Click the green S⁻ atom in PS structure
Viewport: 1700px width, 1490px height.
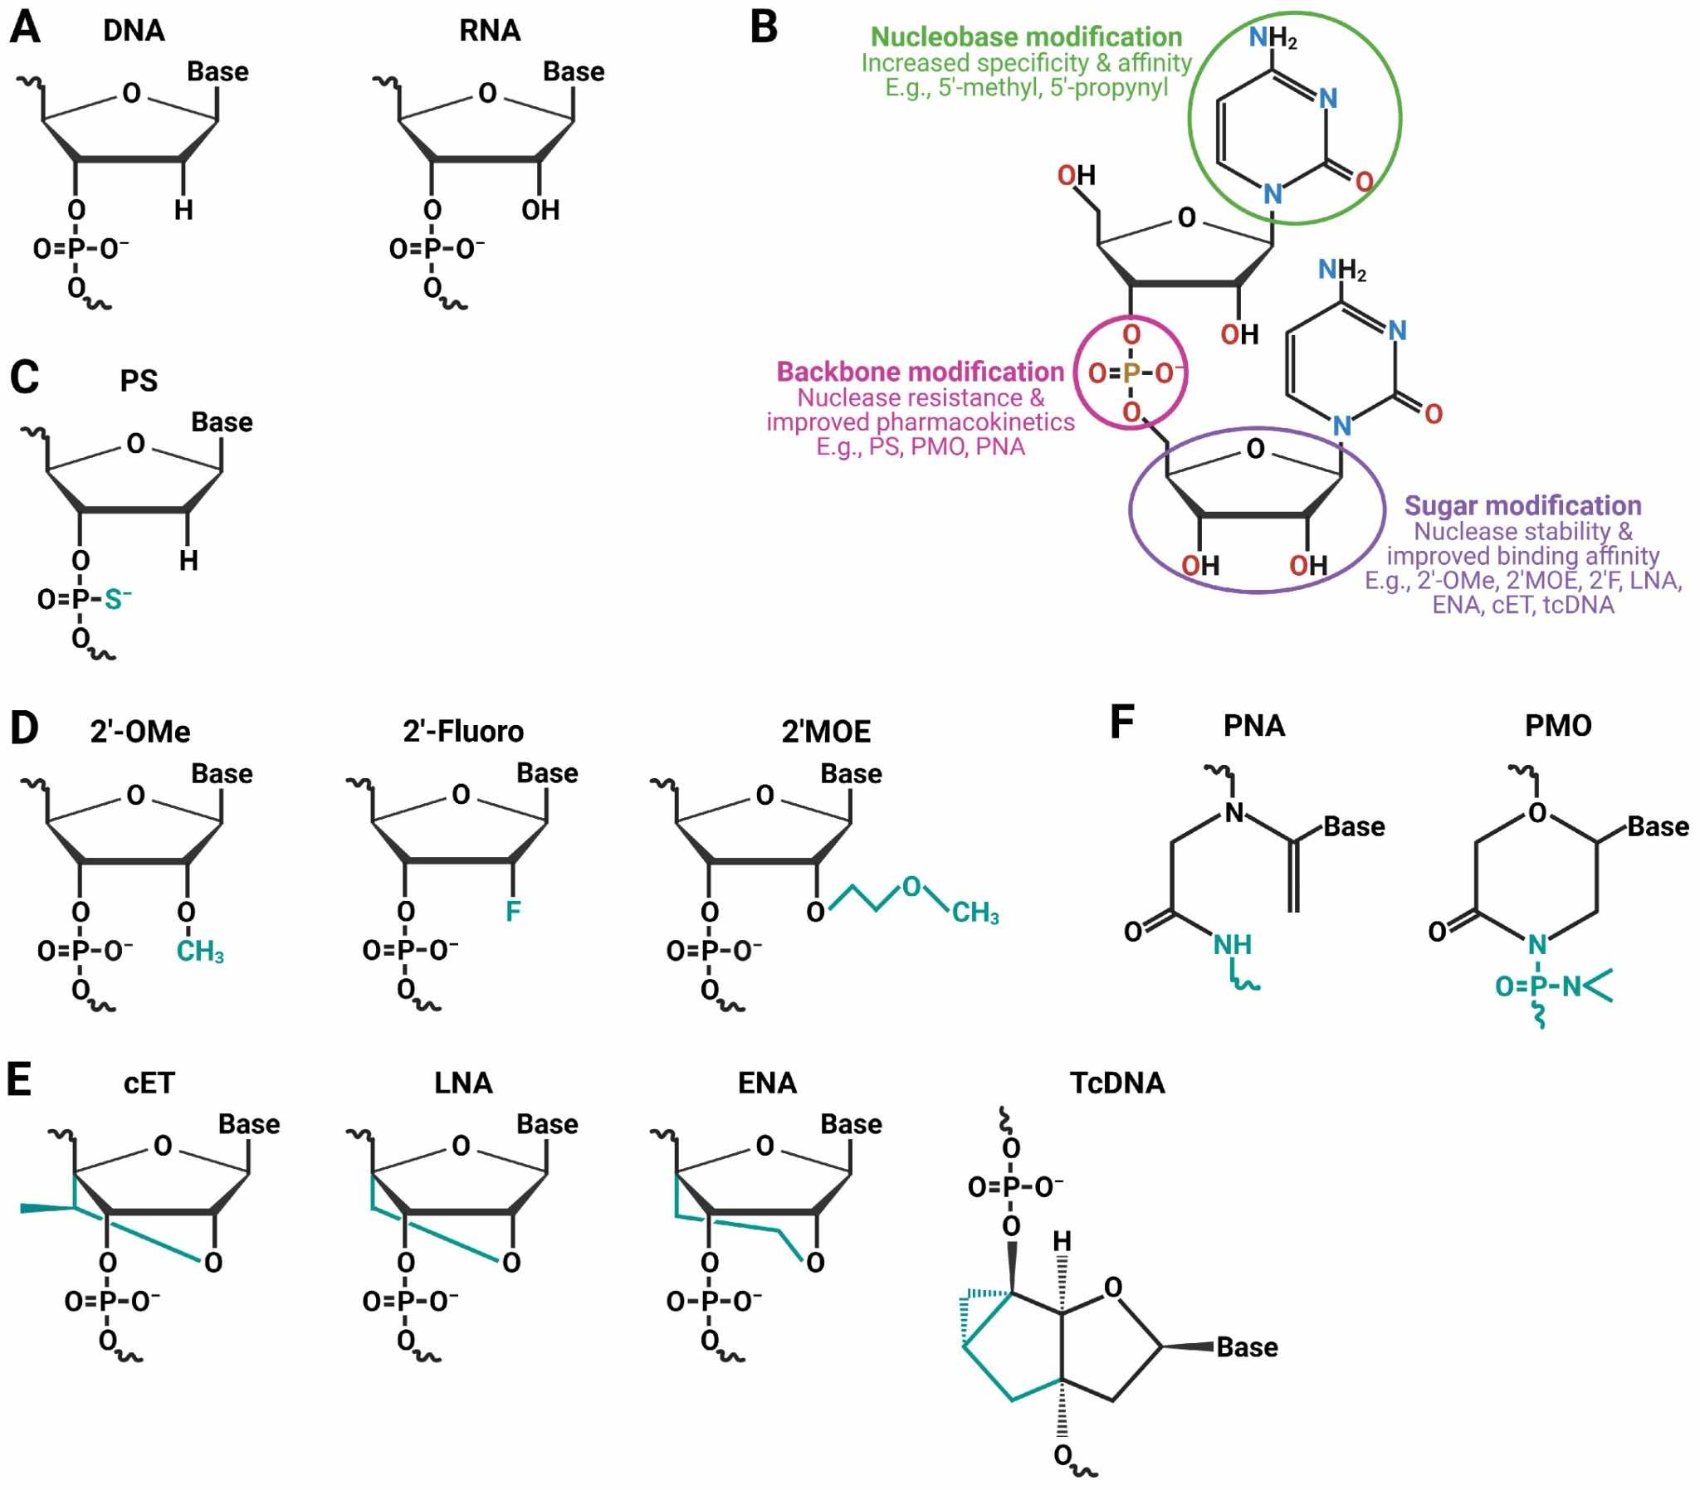[x=116, y=600]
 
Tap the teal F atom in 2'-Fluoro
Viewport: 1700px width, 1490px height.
[x=513, y=911]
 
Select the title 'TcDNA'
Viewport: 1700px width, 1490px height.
[x=1117, y=1083]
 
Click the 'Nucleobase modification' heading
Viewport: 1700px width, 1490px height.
[x=1025, y=37]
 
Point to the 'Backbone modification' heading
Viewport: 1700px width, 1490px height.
[x=920, y=372]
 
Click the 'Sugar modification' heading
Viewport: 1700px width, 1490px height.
[x=1522, y=505]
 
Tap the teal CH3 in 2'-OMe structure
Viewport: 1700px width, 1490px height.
[x=199, y=952]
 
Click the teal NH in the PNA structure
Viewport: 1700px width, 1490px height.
[x=1232, y=945]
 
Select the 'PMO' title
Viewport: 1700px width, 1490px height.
[x=1558, y=726]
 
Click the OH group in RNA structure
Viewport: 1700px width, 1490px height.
[x=540, y=211]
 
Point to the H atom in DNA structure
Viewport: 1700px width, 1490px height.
[x=183, y=211]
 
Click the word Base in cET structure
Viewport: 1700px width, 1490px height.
[x=249, y=1124]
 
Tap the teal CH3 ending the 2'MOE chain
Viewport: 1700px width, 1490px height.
[x=975, y=913]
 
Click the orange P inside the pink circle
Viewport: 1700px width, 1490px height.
[x=1131, y=373]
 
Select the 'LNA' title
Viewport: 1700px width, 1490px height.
[x=463, y=1083]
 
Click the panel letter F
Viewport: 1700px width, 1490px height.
[x=1122, y=722]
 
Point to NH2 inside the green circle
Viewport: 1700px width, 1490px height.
[x=1273, y=37]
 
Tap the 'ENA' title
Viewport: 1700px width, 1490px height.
[x=767, y=1083]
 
